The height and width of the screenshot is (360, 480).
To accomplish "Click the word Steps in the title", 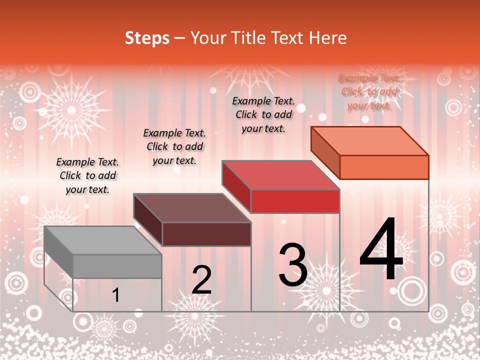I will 147,38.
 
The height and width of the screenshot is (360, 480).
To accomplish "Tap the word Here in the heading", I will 327,38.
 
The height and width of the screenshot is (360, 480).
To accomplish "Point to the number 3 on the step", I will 293,265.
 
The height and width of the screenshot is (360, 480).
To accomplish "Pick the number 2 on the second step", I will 201,280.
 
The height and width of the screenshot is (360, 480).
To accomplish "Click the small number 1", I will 116,295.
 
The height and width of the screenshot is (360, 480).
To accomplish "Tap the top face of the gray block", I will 102,240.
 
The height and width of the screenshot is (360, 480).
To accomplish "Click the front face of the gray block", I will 117,266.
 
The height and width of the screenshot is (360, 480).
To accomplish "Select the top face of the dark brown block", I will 191,208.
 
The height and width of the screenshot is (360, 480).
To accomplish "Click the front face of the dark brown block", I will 206,234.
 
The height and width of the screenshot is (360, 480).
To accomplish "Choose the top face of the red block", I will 280,175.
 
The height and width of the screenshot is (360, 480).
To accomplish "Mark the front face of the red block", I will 295,201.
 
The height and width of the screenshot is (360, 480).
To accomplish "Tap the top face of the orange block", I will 369,141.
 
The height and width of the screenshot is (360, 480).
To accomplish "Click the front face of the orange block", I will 384,167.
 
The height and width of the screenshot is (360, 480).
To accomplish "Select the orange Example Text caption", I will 369,91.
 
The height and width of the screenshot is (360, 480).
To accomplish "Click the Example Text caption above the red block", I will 263,114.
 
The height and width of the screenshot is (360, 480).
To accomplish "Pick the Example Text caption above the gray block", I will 87,175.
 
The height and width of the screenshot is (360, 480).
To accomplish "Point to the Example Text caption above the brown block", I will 174,146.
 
